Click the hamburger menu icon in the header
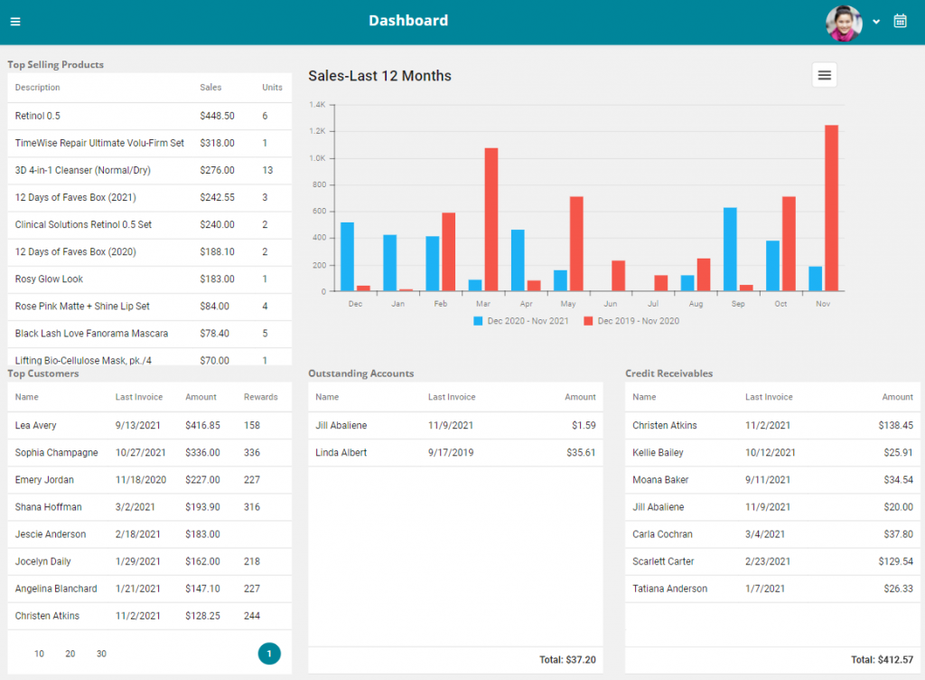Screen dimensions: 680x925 click(x=15, y=22)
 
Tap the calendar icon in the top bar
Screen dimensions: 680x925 click(x=900, y=21)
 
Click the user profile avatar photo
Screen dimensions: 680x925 click(x=843, y=23)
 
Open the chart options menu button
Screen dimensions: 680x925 click(x=824, y=76)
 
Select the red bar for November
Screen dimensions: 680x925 click(x=831, y=208)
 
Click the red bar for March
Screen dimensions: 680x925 click(x=491, y=220)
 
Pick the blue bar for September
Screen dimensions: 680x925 click(x=730, y=250)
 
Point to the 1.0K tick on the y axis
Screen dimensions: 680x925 click(x=317, y=158)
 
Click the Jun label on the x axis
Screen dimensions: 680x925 click(x=610, y=304)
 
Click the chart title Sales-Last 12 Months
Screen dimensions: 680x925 click(x=379, y=76)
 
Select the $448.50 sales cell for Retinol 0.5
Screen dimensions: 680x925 click(x=217, y=116)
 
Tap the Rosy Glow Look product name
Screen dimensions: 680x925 click(x=49, y=279)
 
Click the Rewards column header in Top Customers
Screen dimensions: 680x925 click(x=260, y=397)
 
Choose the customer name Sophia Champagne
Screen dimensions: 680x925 click(x=57, y=452)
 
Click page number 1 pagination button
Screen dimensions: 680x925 click(x=269, y=654)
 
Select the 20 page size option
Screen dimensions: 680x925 click(x=70, y=654)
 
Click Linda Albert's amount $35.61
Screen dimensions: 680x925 click(x=578, y=452)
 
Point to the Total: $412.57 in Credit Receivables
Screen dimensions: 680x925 click(x=882, y=660)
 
